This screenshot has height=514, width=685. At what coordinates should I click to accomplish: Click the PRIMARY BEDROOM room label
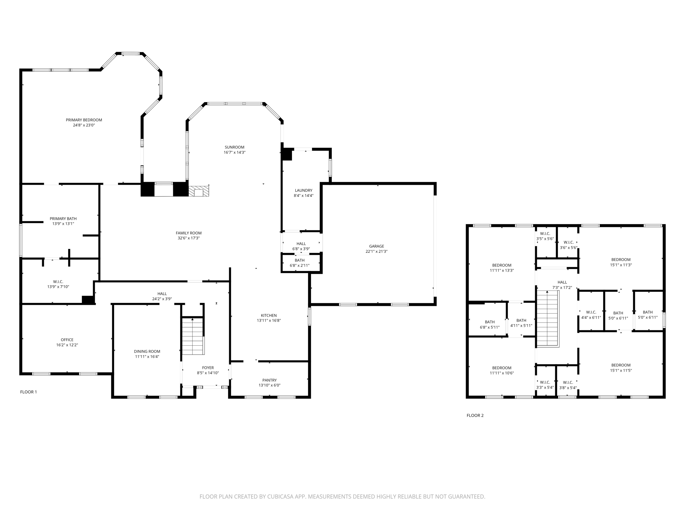pyautogui.click(x=84, y=120)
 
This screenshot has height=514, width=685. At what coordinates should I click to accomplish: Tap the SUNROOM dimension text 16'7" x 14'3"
pyautogui.click(x=234, y=153)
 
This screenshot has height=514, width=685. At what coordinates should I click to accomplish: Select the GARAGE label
pyautogui.click(x=377, y=246)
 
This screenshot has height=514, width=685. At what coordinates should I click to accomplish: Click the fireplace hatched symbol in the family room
pyautogui.click(x=199, y=191)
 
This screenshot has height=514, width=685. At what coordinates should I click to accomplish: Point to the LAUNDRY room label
pyautogui.click(x=303, y=190)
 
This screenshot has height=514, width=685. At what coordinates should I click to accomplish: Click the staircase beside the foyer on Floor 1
pyautogui.click(x=193, y=336)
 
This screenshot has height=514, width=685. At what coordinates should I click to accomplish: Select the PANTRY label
pyautogui.click(x=269, y=380)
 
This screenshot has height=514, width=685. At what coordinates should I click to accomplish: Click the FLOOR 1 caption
pyautogui.click(x=28, y=392)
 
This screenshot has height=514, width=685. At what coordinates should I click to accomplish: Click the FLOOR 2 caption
pyautogui.click(x=475, y=415)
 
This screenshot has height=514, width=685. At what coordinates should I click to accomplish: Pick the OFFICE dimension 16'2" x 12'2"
pyautogui.click(x=67, y=345)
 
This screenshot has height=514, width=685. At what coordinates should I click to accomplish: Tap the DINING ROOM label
pyautogui.click(x=147, y=351)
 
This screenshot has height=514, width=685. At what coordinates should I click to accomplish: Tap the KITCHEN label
pyautogui.click(x=269, y=315)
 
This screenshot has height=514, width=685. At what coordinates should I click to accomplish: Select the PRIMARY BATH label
pyautogui.click(x=63, y=219)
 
